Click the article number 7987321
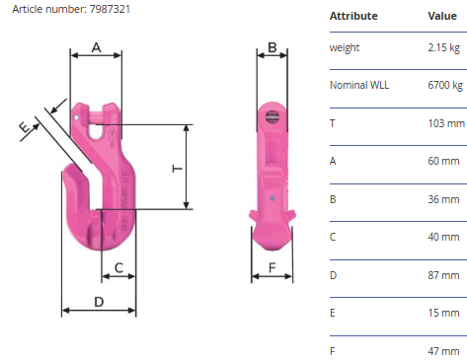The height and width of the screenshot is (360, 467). (x=110, y=9)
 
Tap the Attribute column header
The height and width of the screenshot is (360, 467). (x=353, y=16)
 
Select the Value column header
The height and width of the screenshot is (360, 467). (x=442, y=16)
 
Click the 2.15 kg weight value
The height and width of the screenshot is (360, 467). (x=443, y=47)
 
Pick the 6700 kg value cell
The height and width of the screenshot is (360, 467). (x=445, y=85)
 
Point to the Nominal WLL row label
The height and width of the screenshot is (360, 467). (x=359, y=85)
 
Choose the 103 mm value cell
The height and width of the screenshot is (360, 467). (x=446, y=123)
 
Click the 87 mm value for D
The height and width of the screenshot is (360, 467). (x=443, y=275)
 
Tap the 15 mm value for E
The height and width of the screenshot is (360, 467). (x=443, y=313)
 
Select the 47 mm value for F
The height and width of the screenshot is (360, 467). (x=443, y=351)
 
